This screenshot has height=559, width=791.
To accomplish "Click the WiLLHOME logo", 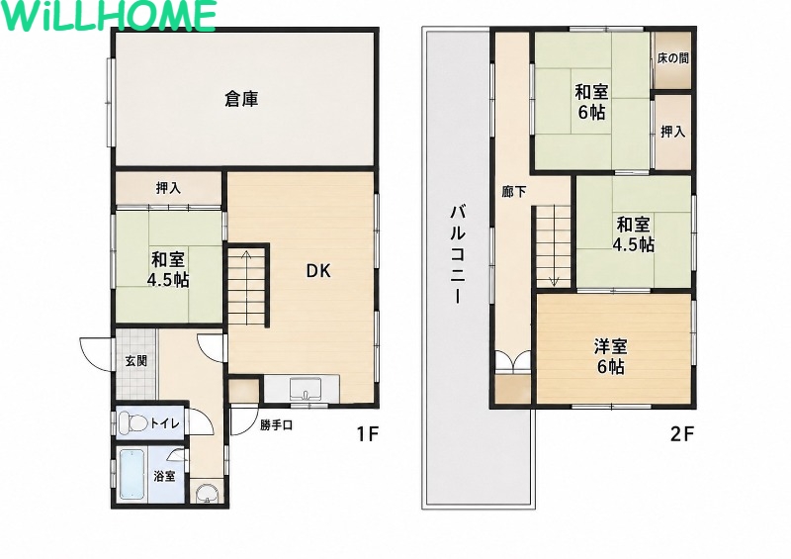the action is [108, 16].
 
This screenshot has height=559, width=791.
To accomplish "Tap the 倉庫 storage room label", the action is [241, 99].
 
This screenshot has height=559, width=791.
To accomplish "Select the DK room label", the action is [318, 271].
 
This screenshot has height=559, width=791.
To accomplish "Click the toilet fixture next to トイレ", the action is [132, 422].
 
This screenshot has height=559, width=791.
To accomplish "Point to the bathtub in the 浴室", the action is [132, 475].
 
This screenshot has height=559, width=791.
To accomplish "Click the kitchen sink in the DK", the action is [306, 390].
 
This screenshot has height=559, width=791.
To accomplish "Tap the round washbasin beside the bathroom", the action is [207, 492].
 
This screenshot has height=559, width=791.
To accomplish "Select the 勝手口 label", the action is [277, 425].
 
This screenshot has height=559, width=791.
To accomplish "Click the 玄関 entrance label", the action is [136, 361].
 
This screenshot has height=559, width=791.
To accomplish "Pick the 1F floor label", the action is [367, 433].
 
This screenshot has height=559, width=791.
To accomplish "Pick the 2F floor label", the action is [682, 434].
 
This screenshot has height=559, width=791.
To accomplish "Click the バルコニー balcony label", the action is [458, 254].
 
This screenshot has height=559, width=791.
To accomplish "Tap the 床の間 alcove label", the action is [673, 58].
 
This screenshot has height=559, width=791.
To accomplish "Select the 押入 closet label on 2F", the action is [673, 132].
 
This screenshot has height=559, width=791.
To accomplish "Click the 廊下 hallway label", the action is [514, 191].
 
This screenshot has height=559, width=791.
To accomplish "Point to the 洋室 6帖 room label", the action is [610, 356].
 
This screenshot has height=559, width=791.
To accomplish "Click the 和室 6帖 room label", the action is [591, 102].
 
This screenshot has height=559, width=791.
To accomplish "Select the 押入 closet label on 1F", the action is [168, 188].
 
